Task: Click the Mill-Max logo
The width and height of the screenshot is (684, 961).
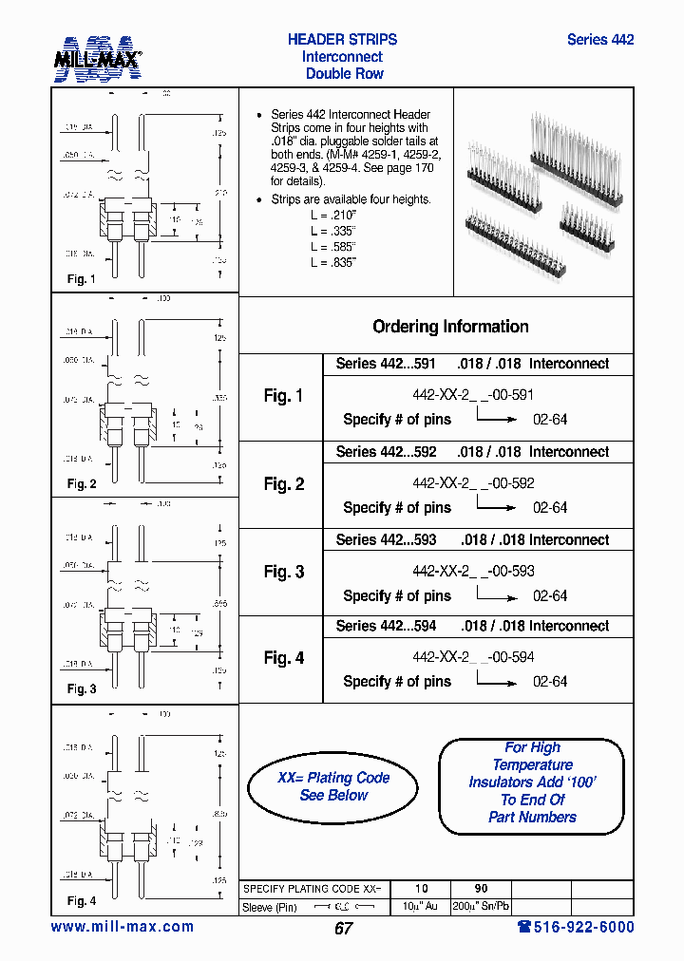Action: [x=97, y=58]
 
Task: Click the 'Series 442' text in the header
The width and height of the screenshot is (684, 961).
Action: [x=599, y=40]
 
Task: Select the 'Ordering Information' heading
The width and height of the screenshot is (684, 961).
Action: [x=450, y=327]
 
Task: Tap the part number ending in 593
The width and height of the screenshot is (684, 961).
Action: [x=473, y=571]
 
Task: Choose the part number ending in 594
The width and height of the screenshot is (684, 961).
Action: [x=473, y=657]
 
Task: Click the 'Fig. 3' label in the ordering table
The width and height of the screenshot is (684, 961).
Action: [x=283, y=572]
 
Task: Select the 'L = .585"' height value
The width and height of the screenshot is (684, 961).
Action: [x=332, y=246]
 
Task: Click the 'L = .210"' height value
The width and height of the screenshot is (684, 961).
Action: [x=332, y=215]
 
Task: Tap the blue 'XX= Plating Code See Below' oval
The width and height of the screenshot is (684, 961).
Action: [x=333, y=786]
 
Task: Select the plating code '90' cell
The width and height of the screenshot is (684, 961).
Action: [x=481, y=889]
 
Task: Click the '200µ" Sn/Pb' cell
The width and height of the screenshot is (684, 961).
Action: [x=481, y=907]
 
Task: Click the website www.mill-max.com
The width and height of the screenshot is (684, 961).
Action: [x=122, y=927]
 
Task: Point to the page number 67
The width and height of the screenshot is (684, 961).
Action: [x=343, y=929]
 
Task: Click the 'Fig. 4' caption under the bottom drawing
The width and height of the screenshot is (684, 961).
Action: [x=82, y=901]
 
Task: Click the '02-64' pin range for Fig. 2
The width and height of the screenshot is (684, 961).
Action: [x=550, y=508]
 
